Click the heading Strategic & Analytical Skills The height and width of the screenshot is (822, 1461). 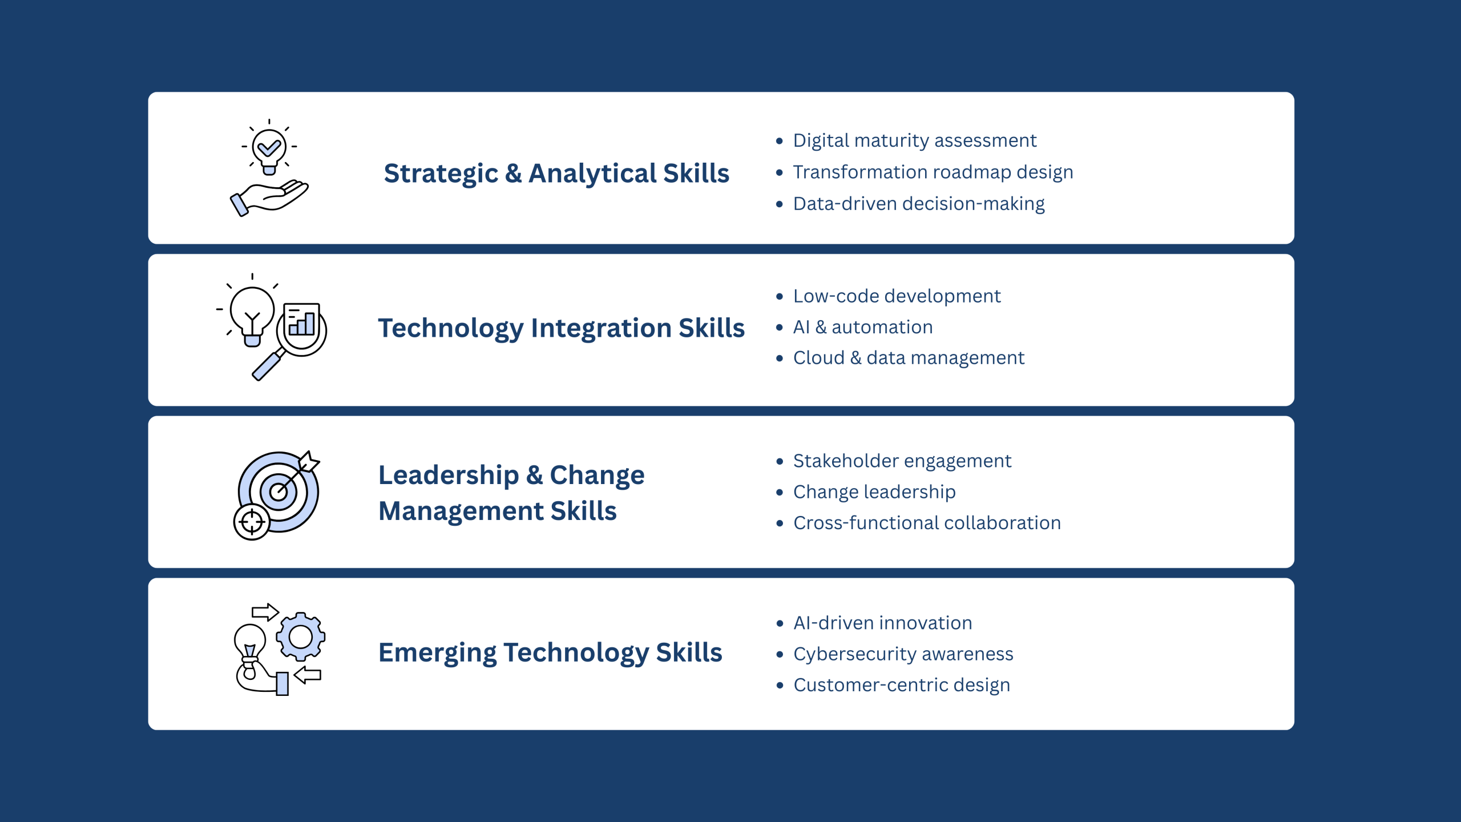(x=556, y=174)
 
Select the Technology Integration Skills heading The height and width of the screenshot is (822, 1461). (x=562, y=328)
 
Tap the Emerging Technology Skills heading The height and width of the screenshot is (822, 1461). (x=550, y=652)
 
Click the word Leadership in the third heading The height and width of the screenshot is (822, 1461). (x=449, y=475)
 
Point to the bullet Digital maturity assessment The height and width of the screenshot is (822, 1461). (x=914, y=140)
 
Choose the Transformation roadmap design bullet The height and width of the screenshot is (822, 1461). (x=933, y=172)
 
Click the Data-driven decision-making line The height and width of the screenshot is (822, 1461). (x=919, y=204)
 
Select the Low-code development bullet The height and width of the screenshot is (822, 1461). (x=897, y=296)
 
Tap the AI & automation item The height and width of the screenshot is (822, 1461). (x=863, y=327)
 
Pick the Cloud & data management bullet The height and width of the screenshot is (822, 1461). (x=909, y=358)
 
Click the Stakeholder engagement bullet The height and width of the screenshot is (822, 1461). (x=902, y=461)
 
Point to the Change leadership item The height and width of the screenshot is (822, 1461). (x=874, y=491)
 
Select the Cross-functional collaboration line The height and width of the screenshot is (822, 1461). (x=927, y=523)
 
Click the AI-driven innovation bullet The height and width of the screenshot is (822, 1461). (x=883, y=623)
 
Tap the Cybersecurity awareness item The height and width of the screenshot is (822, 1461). (x=903, y=654)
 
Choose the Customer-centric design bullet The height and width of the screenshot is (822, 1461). (x=902, y=685)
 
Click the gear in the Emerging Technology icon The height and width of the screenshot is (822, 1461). (x=301, y=636)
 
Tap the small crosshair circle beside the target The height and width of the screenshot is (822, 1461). (x=252, y=522)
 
